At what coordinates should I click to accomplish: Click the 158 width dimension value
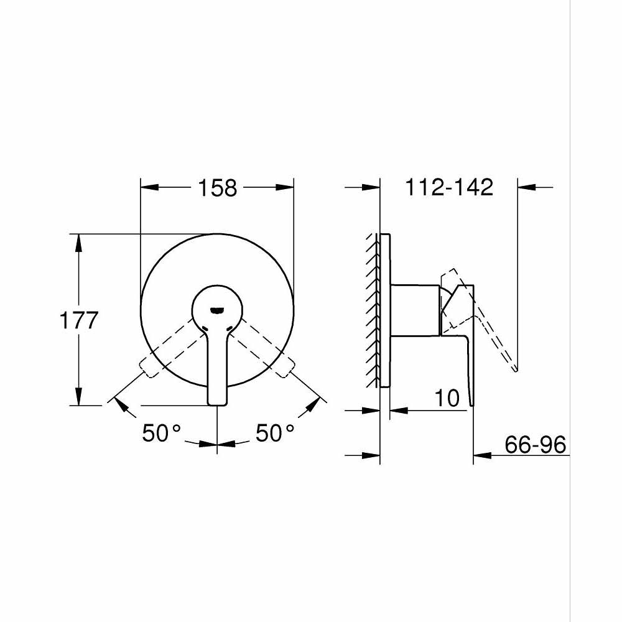tap(218, 187)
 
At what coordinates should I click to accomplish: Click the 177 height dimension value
tap(79, 320)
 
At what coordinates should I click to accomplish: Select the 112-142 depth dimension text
tap(448, 187)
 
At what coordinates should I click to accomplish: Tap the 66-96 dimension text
tap(535, 445)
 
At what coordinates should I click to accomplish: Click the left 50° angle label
tap(161, 433)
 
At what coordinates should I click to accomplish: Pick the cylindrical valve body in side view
tap(415, 310)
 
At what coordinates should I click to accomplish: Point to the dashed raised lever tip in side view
tap(516, 368)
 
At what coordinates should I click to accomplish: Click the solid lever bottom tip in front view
tap(216, 404)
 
